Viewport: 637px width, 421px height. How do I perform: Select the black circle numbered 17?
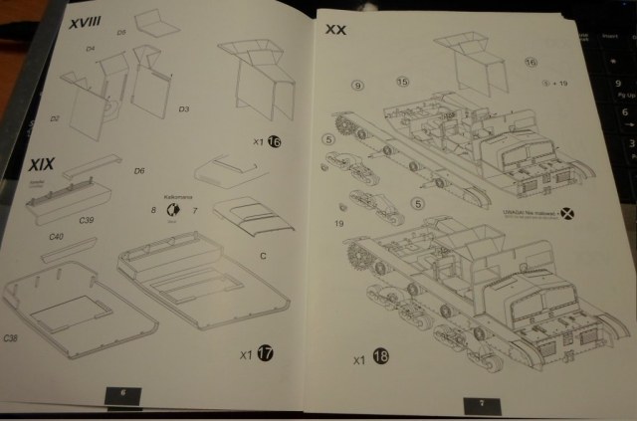click(x=263, y=352)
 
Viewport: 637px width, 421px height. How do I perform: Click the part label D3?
click(x=184, y=107)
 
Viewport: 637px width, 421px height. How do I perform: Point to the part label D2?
click(x=56, y=118)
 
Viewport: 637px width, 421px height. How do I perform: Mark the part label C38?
click(x=11, y=338)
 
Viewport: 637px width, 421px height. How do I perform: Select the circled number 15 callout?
click(x=402, y=81)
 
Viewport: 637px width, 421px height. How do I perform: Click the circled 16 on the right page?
click(x=530, y=62)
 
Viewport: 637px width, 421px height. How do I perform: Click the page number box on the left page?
click(x=124, y=393)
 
